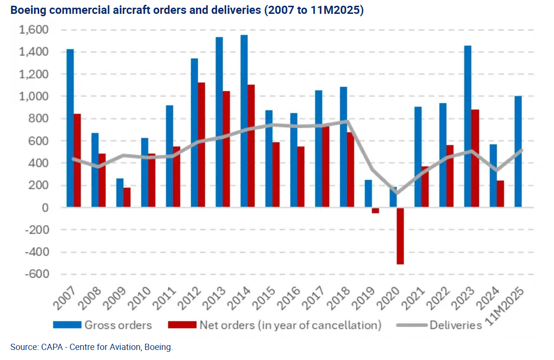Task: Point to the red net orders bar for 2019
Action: (x=375, y=210)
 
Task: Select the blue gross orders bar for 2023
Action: (x=468, y=126)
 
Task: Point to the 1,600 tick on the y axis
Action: (x=34, y=30)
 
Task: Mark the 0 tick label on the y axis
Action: (x=44, y=207)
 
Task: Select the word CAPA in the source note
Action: (x=48, y=347)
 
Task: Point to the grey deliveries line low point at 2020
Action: (x=396, y=193)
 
